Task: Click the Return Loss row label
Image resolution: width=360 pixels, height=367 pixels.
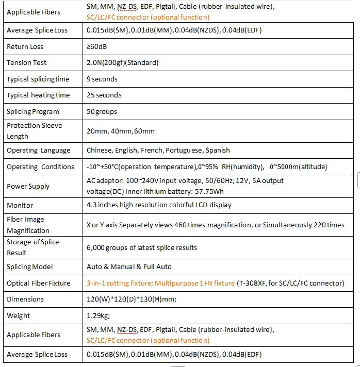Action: pos(25,47)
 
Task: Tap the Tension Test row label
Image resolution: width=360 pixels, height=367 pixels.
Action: pos(26,63)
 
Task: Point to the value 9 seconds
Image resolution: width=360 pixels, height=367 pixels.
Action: pos(102,79)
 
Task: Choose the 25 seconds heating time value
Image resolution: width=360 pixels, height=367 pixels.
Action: pos(104,95)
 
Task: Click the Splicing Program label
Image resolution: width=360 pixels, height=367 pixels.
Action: pos(33,112)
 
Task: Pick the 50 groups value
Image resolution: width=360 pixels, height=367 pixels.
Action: pos(102,112)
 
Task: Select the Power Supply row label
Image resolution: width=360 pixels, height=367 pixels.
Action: pos(28,187)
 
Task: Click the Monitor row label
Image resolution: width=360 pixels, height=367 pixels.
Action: pos(20,205)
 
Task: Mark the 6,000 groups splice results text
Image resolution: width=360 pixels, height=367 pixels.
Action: pos(142,248)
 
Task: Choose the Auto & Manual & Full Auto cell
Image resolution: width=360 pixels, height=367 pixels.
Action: pos(129,267)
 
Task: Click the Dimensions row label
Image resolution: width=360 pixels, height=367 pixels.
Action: pos(25,299)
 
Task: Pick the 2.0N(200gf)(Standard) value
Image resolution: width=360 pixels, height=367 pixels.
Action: pos(123,63)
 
